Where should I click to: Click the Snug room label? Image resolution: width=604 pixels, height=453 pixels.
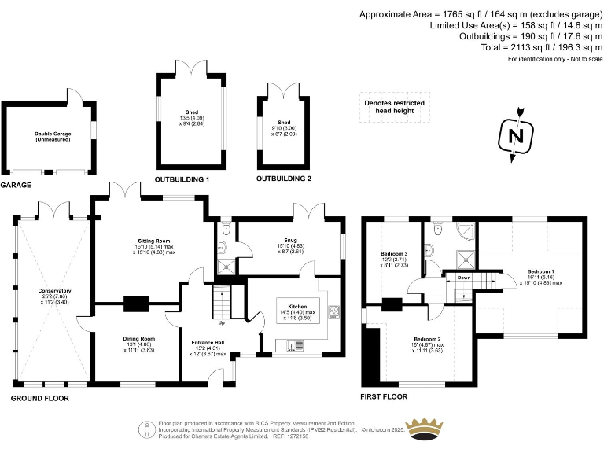tap(292, 241)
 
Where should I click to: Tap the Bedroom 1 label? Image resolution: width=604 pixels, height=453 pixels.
tap(540, 271)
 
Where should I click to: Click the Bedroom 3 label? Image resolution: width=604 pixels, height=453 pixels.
tap(395, 254)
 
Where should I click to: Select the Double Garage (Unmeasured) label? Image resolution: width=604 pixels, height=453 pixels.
tap(53, 134)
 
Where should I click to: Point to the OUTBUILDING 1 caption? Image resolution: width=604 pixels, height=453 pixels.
tap(182, 179)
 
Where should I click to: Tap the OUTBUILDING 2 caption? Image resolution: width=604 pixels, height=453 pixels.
tap(284, 179)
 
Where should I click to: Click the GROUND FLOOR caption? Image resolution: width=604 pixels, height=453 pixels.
tap(39, 399)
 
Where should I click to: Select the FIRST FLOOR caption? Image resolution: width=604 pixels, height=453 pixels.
tap(384, 397)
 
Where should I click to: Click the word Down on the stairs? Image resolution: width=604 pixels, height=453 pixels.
tap(464, 278)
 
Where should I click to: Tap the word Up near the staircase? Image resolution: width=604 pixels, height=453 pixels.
tap(223, 322)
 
